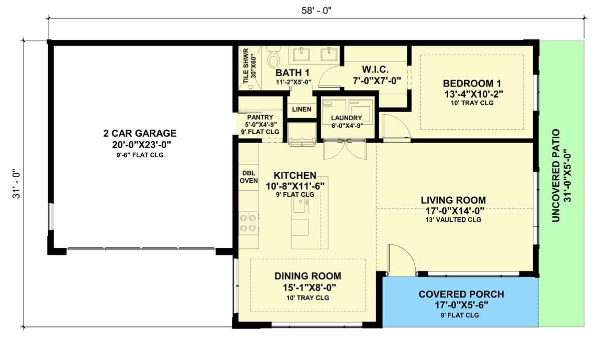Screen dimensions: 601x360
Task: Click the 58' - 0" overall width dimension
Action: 317,11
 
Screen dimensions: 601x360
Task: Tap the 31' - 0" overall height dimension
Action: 17,184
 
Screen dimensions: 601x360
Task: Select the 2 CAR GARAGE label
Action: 140,133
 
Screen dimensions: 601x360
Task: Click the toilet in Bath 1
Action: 273,57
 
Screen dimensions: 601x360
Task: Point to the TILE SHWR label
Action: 246,66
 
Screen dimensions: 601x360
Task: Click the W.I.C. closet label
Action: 375,70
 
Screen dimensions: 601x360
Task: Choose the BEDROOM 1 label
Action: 472,84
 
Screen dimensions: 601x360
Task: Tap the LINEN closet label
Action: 302,109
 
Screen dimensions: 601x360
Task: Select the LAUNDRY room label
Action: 347,118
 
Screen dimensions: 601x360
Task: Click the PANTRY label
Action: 260,117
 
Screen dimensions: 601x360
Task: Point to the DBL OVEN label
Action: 249,177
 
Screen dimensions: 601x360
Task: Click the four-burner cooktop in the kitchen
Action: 248,223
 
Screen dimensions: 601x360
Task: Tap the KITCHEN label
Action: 295,175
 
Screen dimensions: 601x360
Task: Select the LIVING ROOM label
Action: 453,200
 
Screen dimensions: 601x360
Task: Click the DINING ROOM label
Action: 308,276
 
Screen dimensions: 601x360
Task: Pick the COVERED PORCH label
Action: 461,294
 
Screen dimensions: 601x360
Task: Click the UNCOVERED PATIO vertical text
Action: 556,176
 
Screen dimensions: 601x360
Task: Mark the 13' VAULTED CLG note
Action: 453,220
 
